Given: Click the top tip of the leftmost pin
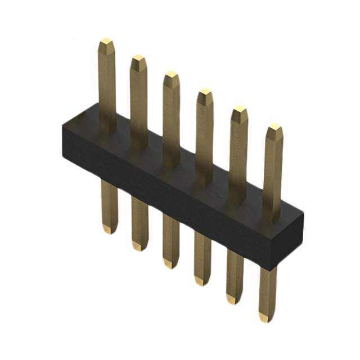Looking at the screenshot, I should click(106, 43).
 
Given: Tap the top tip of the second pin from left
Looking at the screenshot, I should click(138, 59).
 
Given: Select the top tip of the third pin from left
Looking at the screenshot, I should click(171, 75).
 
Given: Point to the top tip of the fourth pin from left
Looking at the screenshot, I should click(205, 92).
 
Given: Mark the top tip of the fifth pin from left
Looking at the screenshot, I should click(240, 110).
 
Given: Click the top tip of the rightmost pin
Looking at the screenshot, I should click(274, 128).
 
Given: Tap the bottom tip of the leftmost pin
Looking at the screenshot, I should click(110, 229).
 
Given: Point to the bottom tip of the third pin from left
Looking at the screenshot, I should click(170, 263).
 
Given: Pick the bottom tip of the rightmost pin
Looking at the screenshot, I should click(267, 317).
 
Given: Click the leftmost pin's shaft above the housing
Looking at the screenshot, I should click(106, 84).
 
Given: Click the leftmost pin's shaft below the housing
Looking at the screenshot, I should click(109, 202).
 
